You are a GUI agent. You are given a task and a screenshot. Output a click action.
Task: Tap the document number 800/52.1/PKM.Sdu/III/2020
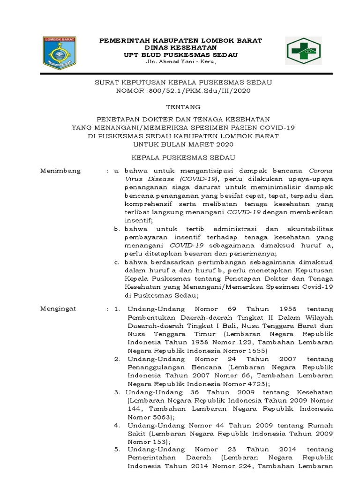tap(201, 91)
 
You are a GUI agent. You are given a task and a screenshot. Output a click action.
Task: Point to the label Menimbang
tap(60, 171)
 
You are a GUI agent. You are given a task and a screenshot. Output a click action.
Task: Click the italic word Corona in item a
tap(321, 171)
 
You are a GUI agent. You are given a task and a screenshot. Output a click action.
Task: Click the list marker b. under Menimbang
tap(117, 229)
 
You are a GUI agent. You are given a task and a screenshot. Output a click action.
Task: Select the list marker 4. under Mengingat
tap(117, 425)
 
